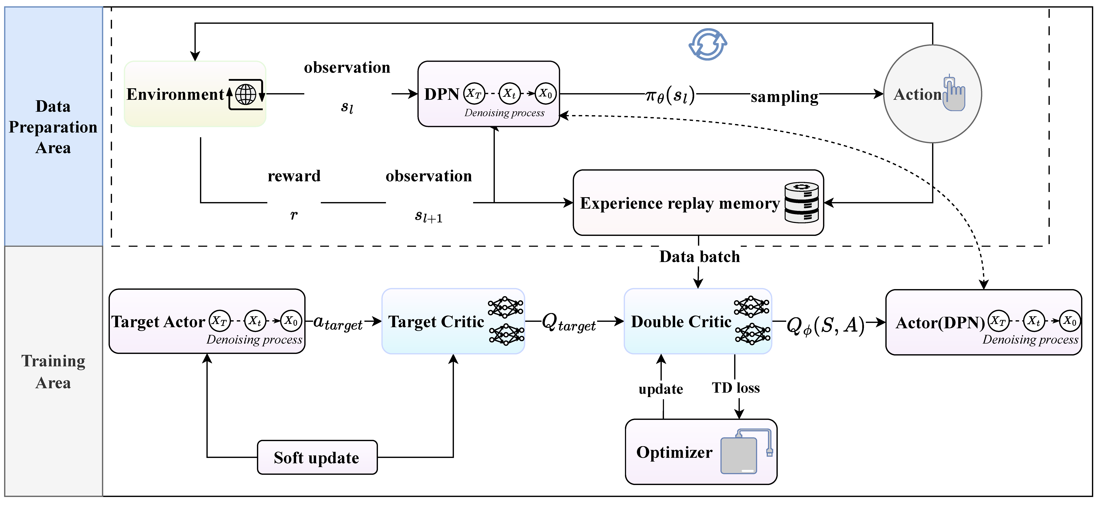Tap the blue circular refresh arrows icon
pyautogui.click(x=708, y=44)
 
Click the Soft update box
pyautogui.click(x=317, y=457)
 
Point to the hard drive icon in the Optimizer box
pyautogui.click(x=739, y=455)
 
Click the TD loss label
pyautogui.click(x=736, y=388)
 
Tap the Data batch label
pyautogui.click(x=700, y=257)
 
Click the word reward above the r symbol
pyautogui.click(x=294, y=176)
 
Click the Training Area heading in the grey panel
pyautogui.click(x=53, y=372)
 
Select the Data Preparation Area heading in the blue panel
pyautogui.click(x=53, y=127)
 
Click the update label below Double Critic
pyautogui.click(x=661, y=389)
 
